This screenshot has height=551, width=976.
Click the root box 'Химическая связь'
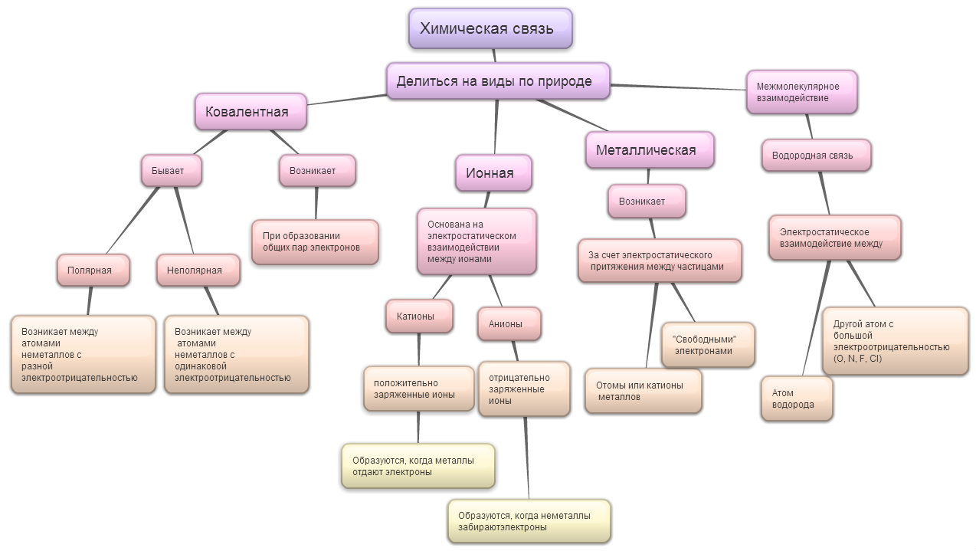[x=490, y=28]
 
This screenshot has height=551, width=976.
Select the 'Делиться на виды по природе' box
[x=498, y=81]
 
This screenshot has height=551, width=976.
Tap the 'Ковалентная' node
[x=251, y=112]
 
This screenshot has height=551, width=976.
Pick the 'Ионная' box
[x=493, y=173]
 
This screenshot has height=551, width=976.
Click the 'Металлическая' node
[x=650, y=150]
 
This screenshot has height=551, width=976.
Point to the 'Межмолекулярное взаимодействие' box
[x=801, y=92]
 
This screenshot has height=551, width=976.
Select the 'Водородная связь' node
[x=817, y=156]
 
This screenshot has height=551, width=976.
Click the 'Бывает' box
[x=172, y=171]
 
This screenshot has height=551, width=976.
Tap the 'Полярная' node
[x=93, y=271]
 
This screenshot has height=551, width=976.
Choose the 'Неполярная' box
[x=198, y=271]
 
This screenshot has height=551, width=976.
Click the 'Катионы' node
[x=419, y=316]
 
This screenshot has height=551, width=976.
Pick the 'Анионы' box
[x=509, y=324]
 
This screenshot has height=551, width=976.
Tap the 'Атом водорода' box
[x=797, y=398]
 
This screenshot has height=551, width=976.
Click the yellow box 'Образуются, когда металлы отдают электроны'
[x=418, y=466]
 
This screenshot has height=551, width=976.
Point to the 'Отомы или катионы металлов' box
[x=644, y=391]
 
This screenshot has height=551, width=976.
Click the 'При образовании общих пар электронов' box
[x=315, y=242]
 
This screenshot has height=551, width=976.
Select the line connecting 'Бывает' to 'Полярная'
[x=133, y=221]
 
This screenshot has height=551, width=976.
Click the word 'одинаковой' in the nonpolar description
[x=201, y=366]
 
